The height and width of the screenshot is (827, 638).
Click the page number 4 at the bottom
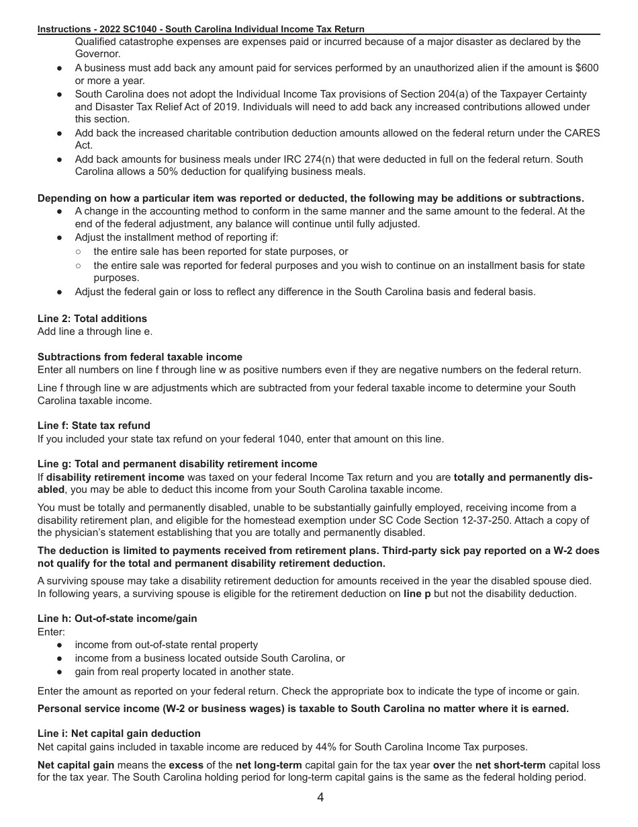[320, 798]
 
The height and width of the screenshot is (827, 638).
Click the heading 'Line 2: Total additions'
[92, 319]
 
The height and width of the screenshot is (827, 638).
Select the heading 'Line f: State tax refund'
[94, 426]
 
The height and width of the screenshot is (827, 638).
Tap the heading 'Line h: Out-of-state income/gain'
[118, 619]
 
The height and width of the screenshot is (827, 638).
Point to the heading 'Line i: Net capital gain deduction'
[119, 734]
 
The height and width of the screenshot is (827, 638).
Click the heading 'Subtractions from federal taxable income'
[140, 357]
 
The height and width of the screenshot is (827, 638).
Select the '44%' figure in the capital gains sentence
[272, 746]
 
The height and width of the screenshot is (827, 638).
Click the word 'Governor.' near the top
[97, 54]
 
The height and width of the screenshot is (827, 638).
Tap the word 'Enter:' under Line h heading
[51, 632]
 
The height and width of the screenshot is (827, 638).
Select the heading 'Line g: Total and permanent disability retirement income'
[177, 464]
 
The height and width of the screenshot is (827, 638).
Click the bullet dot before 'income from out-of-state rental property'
[60, 645]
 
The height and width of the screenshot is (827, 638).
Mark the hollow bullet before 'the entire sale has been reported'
[79, 251]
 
